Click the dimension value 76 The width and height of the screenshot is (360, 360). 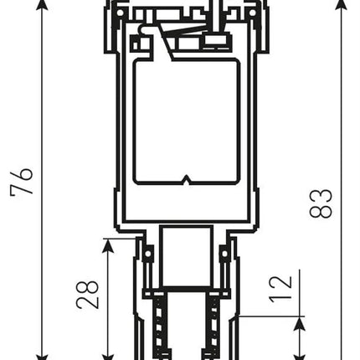pyautogui.click(x=22, y=181)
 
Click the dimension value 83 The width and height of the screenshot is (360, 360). pyautogui.click(x=321, y=203)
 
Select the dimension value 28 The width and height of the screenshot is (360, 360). pyautogui.click(x=87, y=294)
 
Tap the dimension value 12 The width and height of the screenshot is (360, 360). pyautogui.click(x=280, y=290)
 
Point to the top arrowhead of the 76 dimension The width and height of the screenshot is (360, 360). pyautogui.click(x=42, y=5)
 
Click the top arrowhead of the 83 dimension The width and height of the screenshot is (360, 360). pyautogui.click(x=341, y=4)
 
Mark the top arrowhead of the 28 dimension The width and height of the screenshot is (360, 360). pyautogui.click(x=108, y=246)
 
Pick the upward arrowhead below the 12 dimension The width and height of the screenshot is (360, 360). pyautogui.click(x=300, y=324)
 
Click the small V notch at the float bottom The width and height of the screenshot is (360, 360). pyautogui.click(x=186, y=180)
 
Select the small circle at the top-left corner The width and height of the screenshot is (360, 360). pyautogui.click(x=120, y=13)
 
